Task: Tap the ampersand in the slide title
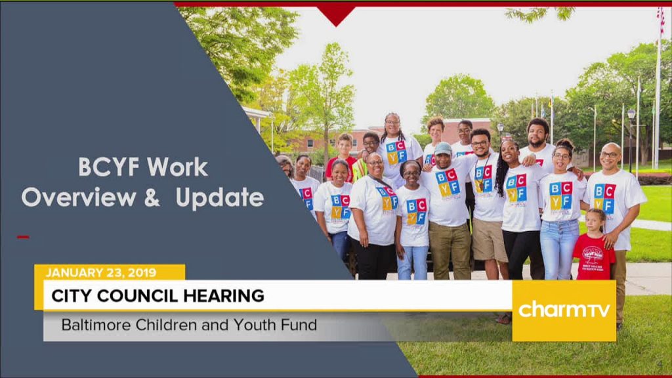(152, 197)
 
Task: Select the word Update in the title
(219, 198)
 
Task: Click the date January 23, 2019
(100, 272)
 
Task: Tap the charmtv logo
(564, 310)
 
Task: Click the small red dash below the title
(23, 236)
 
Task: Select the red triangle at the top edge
(337, 16)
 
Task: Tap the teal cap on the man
(443, 149)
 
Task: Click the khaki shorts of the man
(490, 240)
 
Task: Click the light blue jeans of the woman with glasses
(559, 249)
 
